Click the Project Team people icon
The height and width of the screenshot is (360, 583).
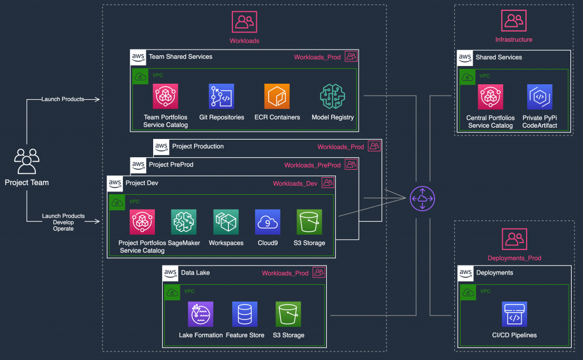coord(27,161)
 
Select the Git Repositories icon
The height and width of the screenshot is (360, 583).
coord(221,96)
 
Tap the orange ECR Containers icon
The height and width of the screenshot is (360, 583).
coord(277,96)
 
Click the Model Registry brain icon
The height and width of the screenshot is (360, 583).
coord(332,96)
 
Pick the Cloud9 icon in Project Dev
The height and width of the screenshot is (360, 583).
coord(268,222)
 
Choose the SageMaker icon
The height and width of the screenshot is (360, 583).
coord(184,222)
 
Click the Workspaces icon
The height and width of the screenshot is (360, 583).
coord(226,222)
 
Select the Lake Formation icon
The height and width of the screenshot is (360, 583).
coord(200,314)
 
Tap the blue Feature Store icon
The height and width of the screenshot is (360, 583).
coord(245,314)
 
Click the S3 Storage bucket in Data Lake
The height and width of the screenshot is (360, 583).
coord(289,314)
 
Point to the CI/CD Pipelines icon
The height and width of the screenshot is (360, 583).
coord(514,314)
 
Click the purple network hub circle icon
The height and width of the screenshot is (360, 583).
coord(422,198)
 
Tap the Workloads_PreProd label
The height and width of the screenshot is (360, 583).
coord(313,165)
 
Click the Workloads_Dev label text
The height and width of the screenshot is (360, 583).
coord(295,183)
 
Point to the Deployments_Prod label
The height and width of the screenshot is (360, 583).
coord(514,258)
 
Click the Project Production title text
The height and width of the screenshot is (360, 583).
coord(198,146)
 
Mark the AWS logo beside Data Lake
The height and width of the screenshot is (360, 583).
coord(170,273)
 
